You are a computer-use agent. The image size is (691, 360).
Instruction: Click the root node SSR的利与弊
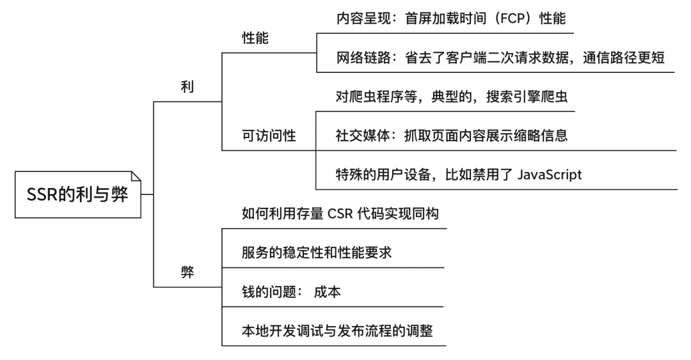click(77, 194)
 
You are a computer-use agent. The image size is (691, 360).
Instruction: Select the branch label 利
click(187, 90)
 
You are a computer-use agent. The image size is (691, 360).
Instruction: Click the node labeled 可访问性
click(269, 136)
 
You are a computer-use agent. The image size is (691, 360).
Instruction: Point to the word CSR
click(345, 214)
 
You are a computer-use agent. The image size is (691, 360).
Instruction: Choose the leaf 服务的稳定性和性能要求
click(316, 253)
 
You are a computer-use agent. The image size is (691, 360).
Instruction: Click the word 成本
click(327, 292)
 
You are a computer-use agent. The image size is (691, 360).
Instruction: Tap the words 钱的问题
click(264, 292)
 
